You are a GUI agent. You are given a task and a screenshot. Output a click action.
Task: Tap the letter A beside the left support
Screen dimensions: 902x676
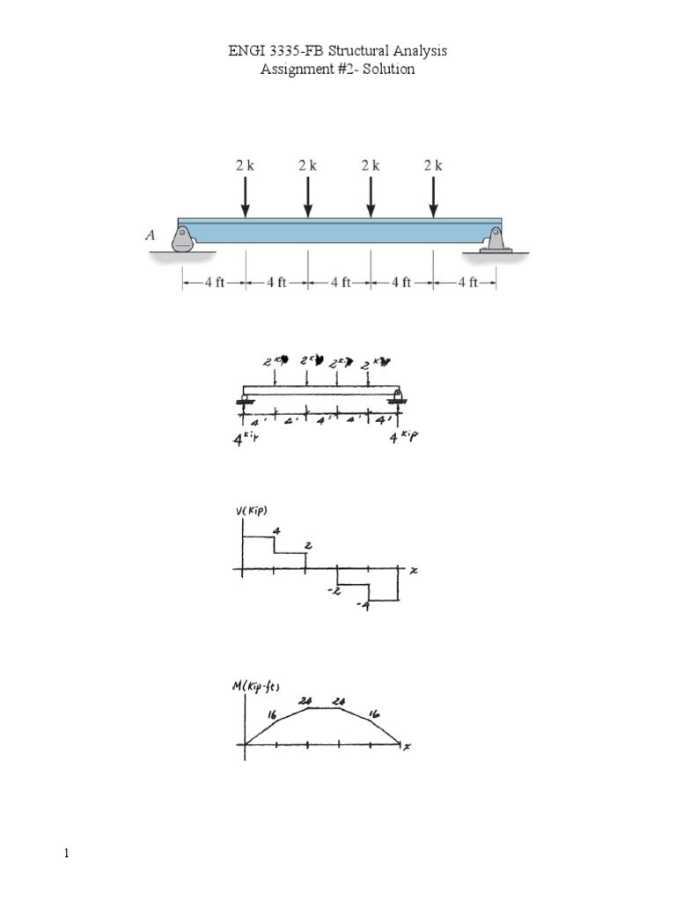tap(151, 235)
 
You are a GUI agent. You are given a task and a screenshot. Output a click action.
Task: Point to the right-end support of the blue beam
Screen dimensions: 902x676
tap(495, 240)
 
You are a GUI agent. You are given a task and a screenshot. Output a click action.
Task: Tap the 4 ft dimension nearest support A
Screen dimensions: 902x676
tap(214, 283)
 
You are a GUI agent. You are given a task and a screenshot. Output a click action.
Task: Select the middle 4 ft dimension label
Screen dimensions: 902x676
tap(339, 283)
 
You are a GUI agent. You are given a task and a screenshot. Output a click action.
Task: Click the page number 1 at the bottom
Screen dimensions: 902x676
tap(66, 854)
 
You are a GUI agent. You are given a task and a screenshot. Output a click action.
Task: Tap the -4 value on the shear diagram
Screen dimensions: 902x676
tap(362, 607)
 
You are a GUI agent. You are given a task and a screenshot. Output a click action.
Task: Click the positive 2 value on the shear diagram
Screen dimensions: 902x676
tap(307, 546)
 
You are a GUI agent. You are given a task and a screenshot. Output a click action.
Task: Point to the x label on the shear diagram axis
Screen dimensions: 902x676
tap(413, 571)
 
